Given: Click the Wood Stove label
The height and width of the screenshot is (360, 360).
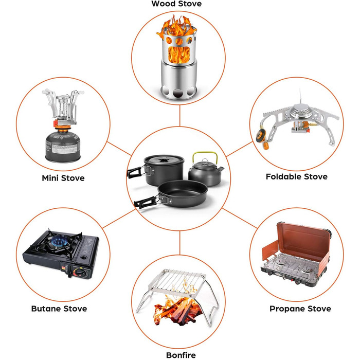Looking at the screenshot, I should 176,4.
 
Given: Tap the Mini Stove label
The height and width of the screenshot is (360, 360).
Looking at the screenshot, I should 63,178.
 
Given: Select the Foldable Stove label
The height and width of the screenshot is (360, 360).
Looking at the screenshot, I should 296,176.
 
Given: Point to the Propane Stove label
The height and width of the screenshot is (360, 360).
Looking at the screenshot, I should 300,309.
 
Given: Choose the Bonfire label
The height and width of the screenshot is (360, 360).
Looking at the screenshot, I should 181,355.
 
